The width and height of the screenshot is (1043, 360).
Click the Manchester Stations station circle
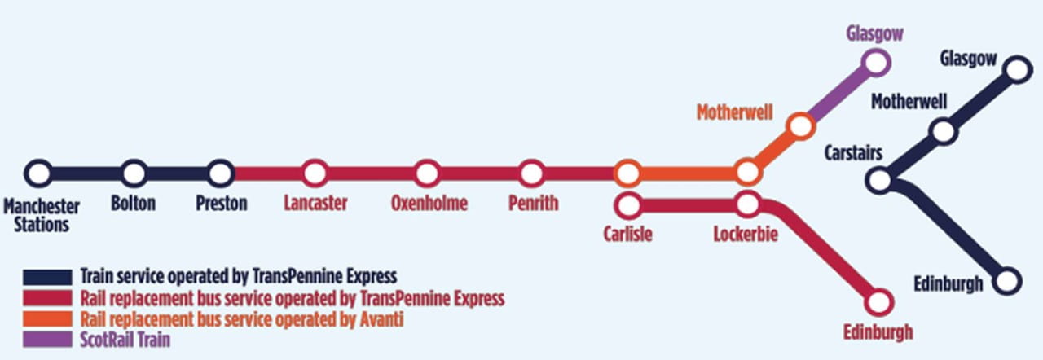(x=38, y=173)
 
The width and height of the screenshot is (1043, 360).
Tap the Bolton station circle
(x=134, y=173)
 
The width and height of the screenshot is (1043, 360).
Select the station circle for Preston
(x=220, y=173)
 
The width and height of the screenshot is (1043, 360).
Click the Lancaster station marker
(x=315, y=173)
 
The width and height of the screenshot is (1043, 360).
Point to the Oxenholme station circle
(x=427, y=173)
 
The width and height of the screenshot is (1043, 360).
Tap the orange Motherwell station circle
(x=801, y=125)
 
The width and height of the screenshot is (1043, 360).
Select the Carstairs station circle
(x=879, y=180)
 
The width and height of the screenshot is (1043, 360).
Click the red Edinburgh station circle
(x=879, y=301)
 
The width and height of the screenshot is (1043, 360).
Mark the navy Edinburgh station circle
(x=1009, y=281)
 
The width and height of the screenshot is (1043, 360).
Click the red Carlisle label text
(x=627, y=235)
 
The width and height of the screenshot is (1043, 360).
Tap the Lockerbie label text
(x=746, y=235)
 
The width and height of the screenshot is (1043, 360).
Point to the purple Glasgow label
(x=875, y=33)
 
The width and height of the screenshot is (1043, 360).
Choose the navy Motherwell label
(x=909, y=102)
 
